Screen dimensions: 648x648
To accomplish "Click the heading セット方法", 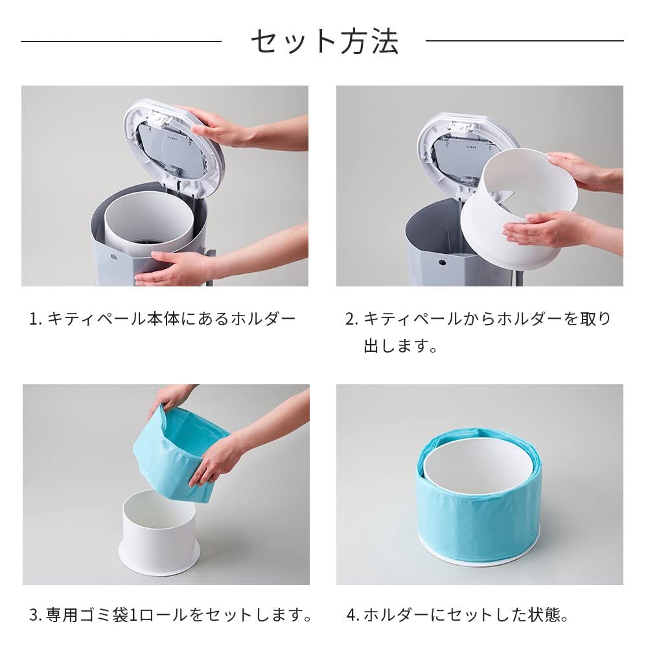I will point(324,41).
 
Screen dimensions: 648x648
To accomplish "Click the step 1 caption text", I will point(163,319).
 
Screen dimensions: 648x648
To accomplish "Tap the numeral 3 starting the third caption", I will point(34,614).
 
